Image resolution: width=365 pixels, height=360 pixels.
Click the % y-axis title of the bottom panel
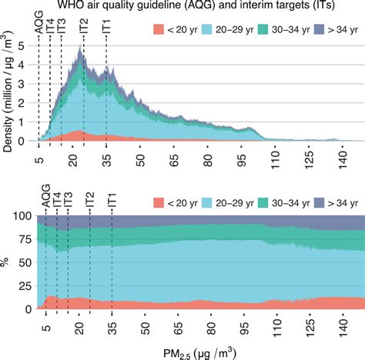pos(7,262)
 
